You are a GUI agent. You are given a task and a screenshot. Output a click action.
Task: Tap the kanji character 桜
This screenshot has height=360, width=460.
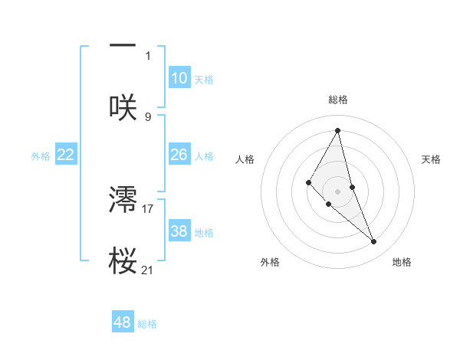[123, 261]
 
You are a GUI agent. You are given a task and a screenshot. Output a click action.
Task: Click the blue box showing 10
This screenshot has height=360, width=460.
[179, 78]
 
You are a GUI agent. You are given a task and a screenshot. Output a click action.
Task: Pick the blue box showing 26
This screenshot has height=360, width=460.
[179, 155]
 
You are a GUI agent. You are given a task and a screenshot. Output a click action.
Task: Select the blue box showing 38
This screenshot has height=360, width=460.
[179, 231]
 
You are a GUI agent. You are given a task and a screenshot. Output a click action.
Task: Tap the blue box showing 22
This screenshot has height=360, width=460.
[66, 155]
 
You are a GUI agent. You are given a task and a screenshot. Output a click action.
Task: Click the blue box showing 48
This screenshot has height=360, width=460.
[123, 322]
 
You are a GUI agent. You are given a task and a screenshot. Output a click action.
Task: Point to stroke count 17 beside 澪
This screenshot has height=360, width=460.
[148, 208]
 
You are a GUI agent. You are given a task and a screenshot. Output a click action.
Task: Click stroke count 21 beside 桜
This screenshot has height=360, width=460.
[148, 270]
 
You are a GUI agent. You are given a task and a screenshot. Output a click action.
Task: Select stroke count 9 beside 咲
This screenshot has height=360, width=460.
[148, 116]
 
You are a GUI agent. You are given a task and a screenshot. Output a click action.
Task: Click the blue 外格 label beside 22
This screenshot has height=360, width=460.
[41, 156]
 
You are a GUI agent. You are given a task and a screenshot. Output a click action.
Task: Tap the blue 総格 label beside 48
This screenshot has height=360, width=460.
[147, 324]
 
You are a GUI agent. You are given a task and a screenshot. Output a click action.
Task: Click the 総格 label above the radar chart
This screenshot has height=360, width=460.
[338, 100]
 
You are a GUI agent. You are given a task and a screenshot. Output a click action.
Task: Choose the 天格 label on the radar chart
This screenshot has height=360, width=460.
[432, 159]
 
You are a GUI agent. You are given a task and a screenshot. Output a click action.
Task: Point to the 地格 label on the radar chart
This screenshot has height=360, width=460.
[402, 262]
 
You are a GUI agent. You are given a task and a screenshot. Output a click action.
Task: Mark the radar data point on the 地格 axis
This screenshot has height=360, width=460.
[374, 242]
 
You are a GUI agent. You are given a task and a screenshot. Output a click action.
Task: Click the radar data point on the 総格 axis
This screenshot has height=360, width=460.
[338, 130]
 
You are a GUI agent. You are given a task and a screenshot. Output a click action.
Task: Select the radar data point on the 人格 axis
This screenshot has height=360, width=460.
[309, 182]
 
